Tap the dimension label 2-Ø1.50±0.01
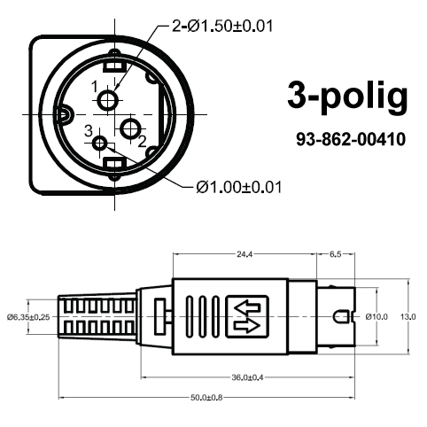click(221, 26)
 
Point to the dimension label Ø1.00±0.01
click(238, 186)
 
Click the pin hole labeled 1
click(108, 100)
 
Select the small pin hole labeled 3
click(99, 144)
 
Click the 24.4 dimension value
click(244, 254)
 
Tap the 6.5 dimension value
click(337, 254)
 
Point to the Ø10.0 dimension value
click(376, 316)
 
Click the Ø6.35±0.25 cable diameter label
click(27, 316)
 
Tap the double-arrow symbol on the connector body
click(247, 316)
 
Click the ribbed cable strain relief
click(97, 316)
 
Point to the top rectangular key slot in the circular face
click(113, 65)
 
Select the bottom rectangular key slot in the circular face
click(113, 165)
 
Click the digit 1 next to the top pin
click(94, 86)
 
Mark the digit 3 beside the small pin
click(88, 131)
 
